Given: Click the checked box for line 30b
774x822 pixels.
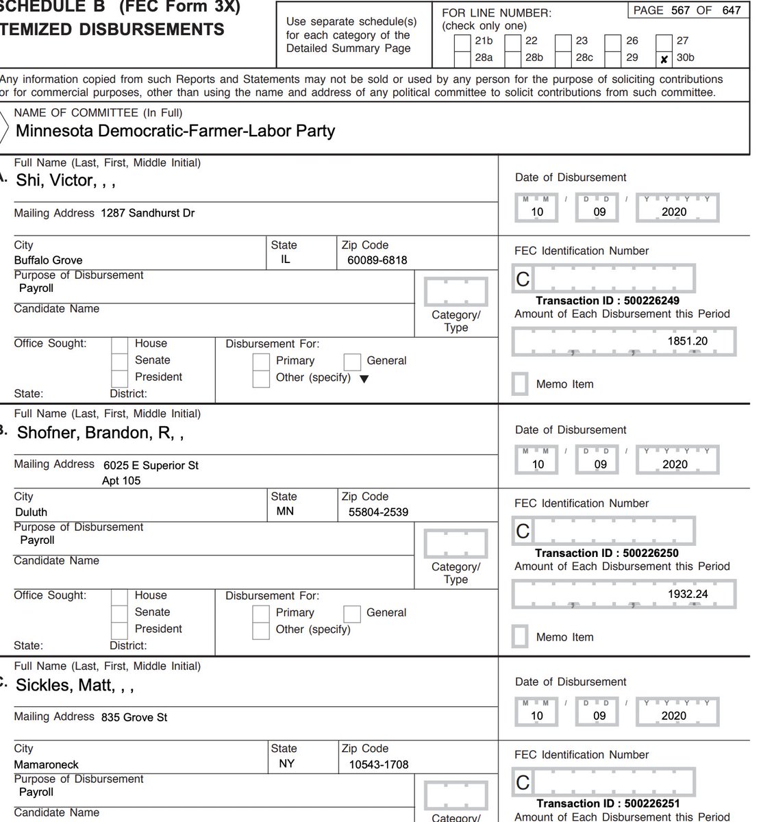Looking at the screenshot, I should [663, 59].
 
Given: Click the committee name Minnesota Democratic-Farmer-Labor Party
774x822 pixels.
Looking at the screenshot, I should [175, 131].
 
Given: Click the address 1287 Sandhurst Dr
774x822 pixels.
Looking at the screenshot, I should [147, 213].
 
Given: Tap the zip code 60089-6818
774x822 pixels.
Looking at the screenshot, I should [377, 260].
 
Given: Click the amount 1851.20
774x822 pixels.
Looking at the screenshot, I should [687, 341].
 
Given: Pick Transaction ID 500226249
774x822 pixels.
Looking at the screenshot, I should [607, 301].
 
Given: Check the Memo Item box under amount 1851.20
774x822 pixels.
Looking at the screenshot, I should [521, 384].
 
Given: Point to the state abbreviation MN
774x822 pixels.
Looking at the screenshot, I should [285, 511].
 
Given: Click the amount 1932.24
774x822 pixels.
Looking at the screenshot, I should [688, 594].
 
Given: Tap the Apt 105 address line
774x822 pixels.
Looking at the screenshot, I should [121, 481].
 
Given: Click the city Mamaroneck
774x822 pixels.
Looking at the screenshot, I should [47, 764].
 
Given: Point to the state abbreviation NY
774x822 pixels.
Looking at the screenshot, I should [286, 763].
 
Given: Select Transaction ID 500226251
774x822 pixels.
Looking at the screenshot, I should [608, 804].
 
